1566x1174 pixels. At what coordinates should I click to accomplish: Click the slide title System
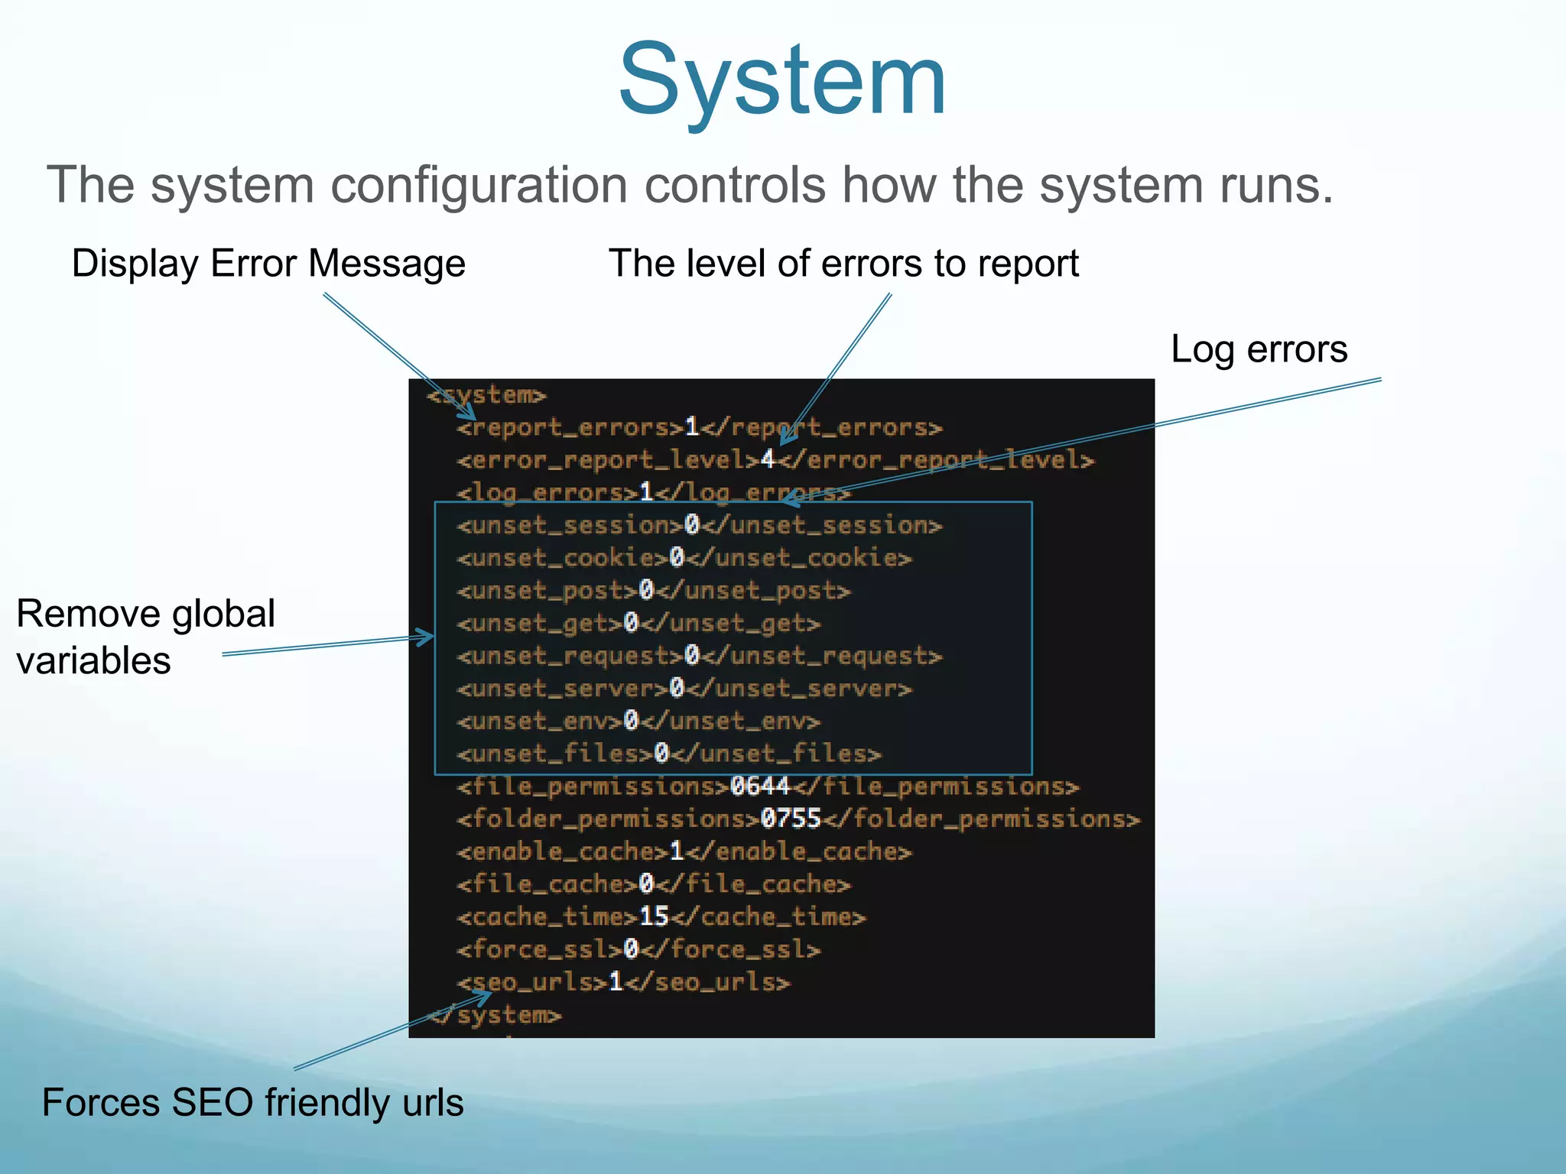click(x=782, y=80)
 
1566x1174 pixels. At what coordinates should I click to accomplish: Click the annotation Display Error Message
click(x=268, y=264)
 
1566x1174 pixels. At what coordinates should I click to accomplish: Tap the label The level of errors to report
click(x=843, y=264)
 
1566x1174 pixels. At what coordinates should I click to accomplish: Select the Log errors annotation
click(x=1259, y=349)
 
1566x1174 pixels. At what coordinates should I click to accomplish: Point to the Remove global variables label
click(x=145, y=637)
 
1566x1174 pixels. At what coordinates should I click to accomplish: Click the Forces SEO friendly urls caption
click(x=252, y=1102)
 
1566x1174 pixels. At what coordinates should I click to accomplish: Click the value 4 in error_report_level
click(x=768, y=459)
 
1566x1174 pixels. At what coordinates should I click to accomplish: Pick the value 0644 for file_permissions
click(x=760, y=786)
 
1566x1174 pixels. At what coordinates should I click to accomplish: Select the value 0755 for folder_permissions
click(x=791, y=819)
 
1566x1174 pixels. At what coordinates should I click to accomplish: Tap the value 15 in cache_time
click(x=654, y=916)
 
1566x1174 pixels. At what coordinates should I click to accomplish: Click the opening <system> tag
click(x=487, y=395)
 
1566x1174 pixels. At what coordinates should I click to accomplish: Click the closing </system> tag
click(x=495, y=1015)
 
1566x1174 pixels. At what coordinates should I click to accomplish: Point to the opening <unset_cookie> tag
click(x=563, y=558)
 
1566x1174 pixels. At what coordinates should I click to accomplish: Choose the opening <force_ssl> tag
click(x=540, y=949)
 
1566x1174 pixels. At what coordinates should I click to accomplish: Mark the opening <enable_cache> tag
click(x=563, y=851)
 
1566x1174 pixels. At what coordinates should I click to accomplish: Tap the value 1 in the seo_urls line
click(x=616, y=982)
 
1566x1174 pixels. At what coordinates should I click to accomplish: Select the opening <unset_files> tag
click(x=555, y=754)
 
